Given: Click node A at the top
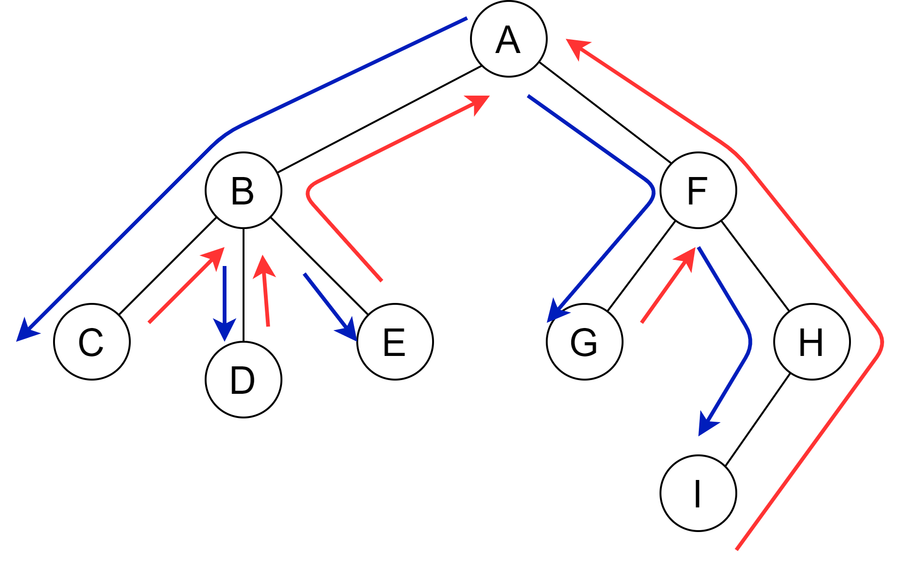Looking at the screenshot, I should (508, 39).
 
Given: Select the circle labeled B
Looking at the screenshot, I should (243, 190).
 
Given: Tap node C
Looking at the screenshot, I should (91, 342).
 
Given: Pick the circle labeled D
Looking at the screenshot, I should (243, 380).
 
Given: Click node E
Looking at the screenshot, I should (395, 342).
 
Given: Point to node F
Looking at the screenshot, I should (698, 190).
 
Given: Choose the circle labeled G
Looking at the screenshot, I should (584, 342).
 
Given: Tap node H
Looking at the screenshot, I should (812, 342).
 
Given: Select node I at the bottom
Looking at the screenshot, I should (698, 493).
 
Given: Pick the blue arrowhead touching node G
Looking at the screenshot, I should (555, 312).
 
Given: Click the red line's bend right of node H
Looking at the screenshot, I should (882, 342).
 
